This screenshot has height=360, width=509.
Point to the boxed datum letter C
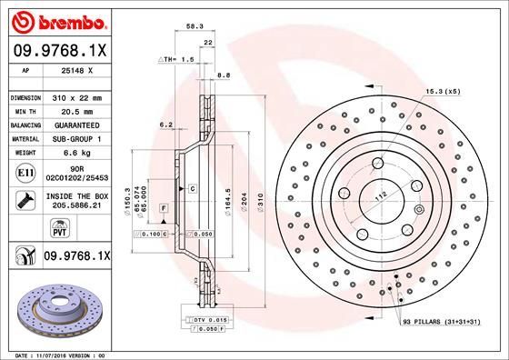(x=194, y=187)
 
